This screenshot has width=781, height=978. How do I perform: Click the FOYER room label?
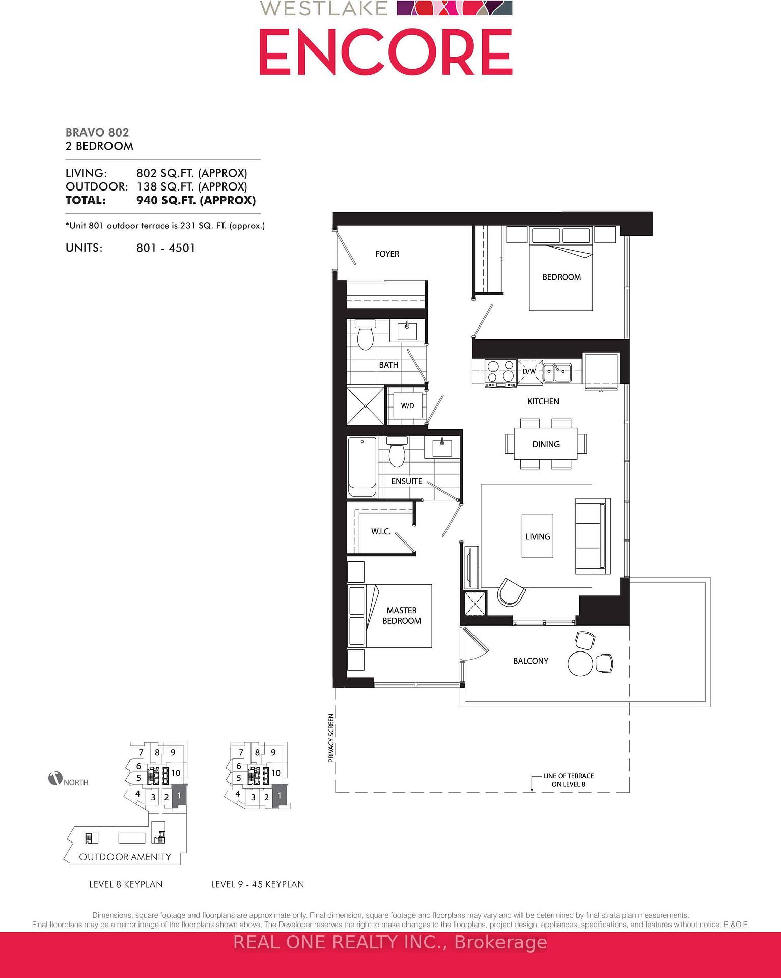(x=387, y=254)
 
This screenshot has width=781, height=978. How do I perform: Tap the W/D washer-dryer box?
(x=407, y=405)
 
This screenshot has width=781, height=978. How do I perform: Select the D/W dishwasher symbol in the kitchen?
(x=529, y=371)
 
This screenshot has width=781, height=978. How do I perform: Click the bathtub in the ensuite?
(x=362, y=466)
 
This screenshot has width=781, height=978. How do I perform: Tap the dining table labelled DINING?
(x=546, y=444)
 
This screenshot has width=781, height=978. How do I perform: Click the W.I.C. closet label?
(x=381, y=532)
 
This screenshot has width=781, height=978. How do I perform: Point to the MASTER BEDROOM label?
(x=402, y=615)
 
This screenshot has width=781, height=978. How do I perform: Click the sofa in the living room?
(x=593, y=536)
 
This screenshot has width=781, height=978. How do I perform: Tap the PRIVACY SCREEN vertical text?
(x=331, y=738)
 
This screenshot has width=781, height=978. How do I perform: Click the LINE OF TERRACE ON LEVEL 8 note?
(x=568, y=780)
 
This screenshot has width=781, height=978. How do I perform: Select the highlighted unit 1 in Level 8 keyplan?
(x=179, y=795)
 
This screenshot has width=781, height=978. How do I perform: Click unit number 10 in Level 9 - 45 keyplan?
(x=275, y=773)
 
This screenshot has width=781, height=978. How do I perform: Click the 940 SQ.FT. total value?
(x=196, y=200)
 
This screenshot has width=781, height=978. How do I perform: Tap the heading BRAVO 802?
(x=97, y=132)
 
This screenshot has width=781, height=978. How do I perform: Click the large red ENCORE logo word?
(x=385, y=52)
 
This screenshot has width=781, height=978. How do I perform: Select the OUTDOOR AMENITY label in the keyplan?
(x=125, y=857)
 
